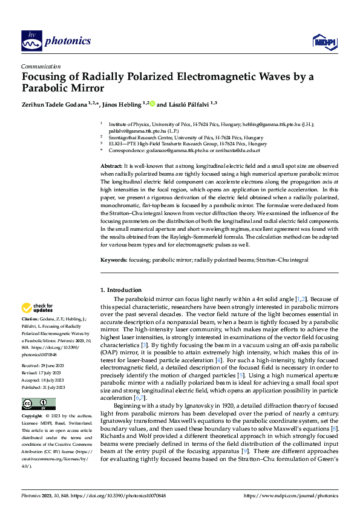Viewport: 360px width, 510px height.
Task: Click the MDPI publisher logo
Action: point(323,41)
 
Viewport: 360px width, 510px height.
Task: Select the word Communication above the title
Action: point(41,67)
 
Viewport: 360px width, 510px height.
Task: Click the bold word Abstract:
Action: point(111,165)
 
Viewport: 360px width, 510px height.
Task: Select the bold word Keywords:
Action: point(113,260)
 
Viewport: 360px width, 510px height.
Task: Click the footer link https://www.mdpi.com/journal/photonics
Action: point(290,495)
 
